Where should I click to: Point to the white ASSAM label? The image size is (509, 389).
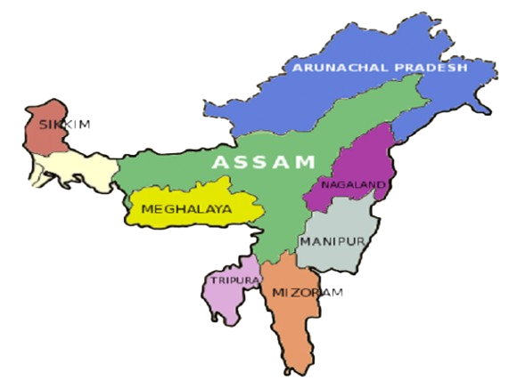[264, 162]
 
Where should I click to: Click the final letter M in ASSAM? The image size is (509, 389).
[306, 162]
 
